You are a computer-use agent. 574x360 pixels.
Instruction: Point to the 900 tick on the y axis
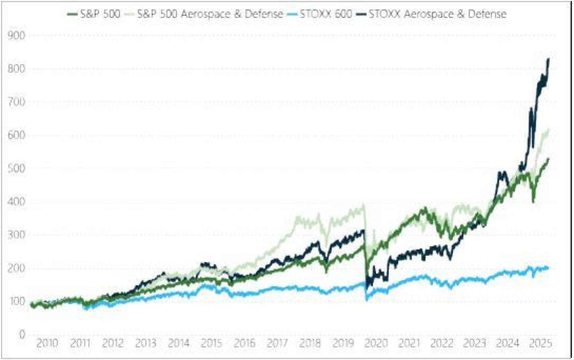[x=16, y=35]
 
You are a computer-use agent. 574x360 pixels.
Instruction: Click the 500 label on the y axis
[x=16, y=168]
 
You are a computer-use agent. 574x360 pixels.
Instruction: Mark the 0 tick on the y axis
[x=22, y=334]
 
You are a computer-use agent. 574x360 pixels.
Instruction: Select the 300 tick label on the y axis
[x=16, y=235]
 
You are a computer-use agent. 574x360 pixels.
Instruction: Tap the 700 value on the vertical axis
[x=16, y=102]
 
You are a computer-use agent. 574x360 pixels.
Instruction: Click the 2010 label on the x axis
[x=47, y=344]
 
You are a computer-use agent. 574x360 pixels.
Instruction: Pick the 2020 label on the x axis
[x=376, y=344]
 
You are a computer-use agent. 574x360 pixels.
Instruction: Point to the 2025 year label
[x=541, y=344]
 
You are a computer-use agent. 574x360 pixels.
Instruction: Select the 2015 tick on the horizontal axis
[x=212, y=344]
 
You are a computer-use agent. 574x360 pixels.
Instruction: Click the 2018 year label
[x=310, y=344]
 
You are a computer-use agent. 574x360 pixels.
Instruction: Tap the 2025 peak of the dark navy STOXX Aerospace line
[x=548, y=59]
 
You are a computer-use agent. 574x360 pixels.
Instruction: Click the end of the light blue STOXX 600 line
[x=548, y=268]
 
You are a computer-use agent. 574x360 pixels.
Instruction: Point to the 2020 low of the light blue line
[x=367, y=299]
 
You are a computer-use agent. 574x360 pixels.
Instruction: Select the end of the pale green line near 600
[x=548, y=130]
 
